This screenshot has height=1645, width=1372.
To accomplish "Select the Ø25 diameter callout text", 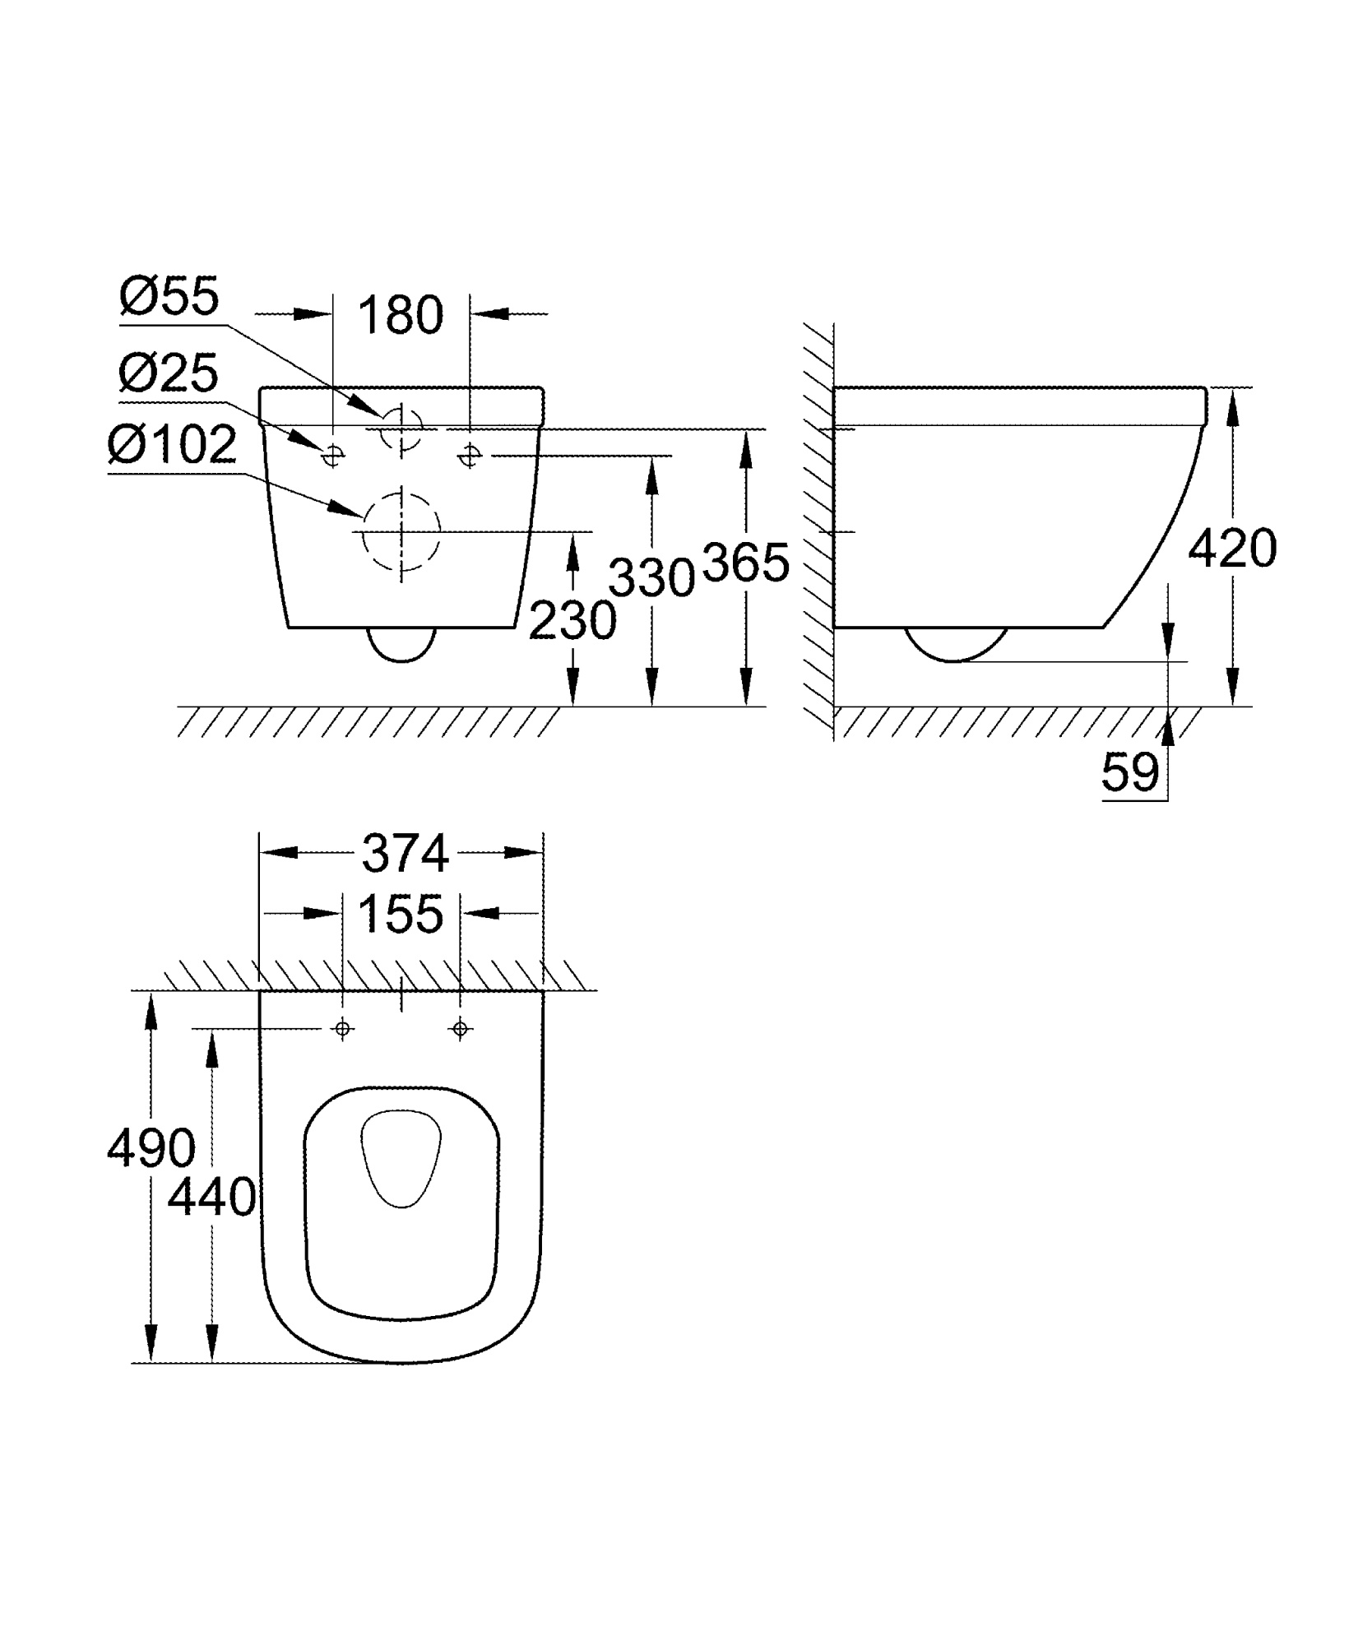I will click(169, 373).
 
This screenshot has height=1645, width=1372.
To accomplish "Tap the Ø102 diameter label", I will click(172, 447).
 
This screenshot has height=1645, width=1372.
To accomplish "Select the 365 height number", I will click(746, 563).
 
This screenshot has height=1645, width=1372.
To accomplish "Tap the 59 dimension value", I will click(1129, 772).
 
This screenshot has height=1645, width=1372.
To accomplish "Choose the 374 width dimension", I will click(405, 854).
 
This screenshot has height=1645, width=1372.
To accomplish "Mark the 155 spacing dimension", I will click(401, 914).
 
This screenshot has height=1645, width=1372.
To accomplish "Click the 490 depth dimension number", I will click(151, 1147).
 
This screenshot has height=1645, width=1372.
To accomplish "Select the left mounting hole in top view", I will click(343, 1028).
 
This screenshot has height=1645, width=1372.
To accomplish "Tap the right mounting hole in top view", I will click(460, 1028).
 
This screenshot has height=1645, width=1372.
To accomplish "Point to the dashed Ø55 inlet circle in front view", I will click(401, 428).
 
